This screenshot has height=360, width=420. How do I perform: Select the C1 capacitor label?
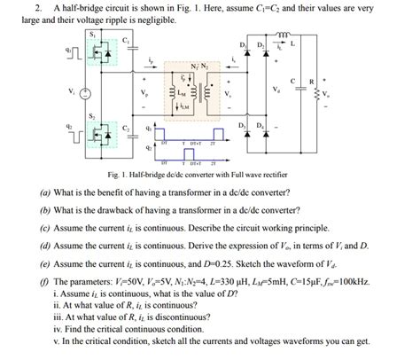[x=127, y=40]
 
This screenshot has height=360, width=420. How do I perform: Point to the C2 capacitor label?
[x=127, y=128]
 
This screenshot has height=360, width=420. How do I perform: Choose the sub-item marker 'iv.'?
[x=58, y=329]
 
